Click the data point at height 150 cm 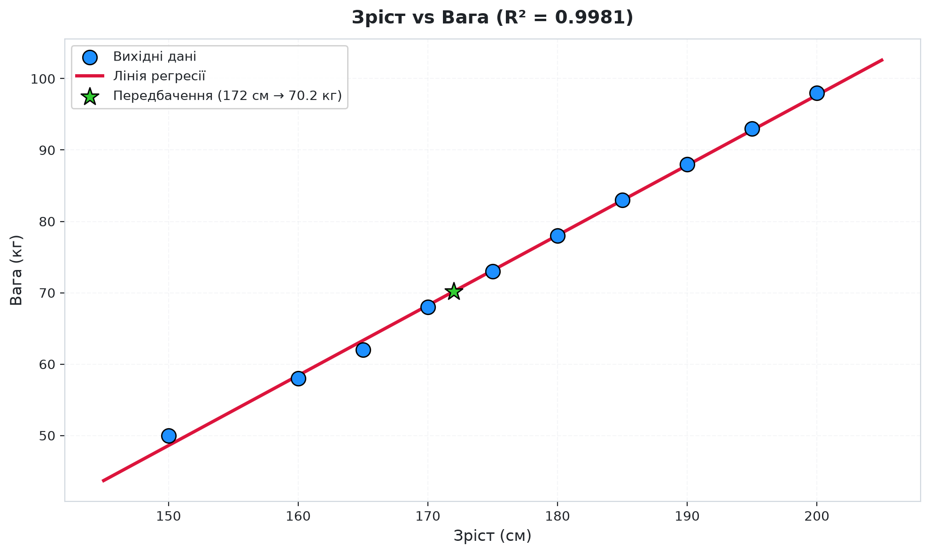[169, 436]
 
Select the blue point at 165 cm [363, 350]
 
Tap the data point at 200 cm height [817, 93]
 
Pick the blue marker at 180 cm [558, 236]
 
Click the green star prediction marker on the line [454, 292]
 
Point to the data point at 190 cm [687, 164]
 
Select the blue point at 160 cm [298, 378]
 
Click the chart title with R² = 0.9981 [492, 18]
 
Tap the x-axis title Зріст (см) [492, 536]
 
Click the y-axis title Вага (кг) [16, 270]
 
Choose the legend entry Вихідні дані [155, 57]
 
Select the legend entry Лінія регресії [159, 76]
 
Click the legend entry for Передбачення [227, 96]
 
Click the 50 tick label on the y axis [48, 436]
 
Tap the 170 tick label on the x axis [428, 516]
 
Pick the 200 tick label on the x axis [817, 516]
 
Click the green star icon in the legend [90, 96]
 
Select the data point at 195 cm [752, 129]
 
